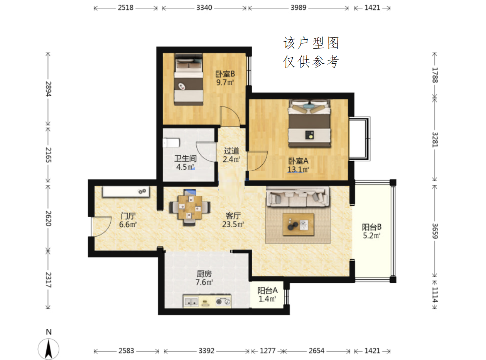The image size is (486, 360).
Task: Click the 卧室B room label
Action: click(225, 74)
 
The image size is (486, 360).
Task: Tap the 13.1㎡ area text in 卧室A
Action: click(298, 169)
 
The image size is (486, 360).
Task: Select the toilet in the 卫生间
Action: click(171, 143)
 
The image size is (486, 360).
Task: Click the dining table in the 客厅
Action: click(190, 208)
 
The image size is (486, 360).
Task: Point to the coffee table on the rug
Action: click(298, 225)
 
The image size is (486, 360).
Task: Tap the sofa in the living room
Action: click(297, 196)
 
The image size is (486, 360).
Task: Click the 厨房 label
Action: click(204, 274)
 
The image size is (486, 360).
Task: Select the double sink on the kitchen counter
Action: click(191, 302)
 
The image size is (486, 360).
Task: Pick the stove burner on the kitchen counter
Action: click(223, 302)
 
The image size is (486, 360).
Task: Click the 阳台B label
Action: click(371, 227)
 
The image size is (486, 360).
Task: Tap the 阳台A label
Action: click(267, 291)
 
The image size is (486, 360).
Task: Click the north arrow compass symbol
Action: click(49, 349)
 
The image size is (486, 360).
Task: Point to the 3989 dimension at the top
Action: click(298, 8)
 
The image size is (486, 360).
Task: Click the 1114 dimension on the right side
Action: click(435, 294)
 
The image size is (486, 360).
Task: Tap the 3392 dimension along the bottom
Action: click(206, 351)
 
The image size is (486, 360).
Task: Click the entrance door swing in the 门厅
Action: click(101, 227)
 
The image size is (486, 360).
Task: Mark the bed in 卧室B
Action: click(189, 79)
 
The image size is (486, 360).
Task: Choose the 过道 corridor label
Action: click(231, 151)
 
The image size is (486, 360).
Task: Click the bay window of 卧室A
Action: click(359, 139)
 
